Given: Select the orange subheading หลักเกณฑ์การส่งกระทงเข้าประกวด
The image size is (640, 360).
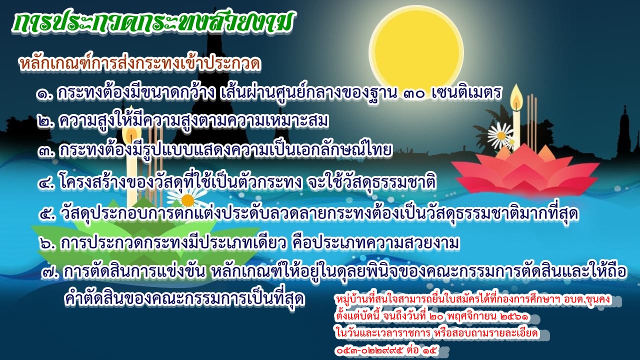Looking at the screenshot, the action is (139, 63).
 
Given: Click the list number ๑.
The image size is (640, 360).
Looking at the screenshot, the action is (45, 93).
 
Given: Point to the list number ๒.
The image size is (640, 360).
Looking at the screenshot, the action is (45, 122).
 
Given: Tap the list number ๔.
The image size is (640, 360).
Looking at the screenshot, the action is (46, 183).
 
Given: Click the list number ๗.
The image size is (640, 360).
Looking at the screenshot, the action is (50, 273).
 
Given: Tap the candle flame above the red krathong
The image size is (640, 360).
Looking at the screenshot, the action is (516, 95).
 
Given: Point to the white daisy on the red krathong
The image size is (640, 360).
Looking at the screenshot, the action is (500, 135).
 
